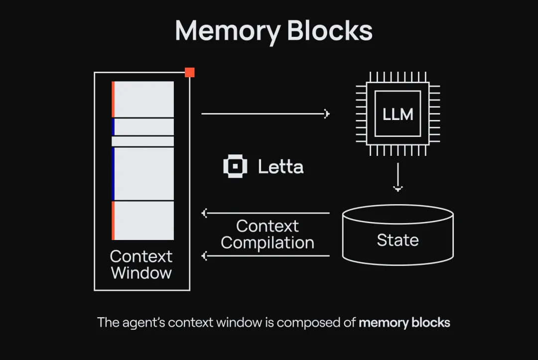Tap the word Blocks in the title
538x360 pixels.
(330, 30)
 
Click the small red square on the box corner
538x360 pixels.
(190, 72)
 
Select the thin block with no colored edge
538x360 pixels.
(143, 141)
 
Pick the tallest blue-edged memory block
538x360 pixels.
(143, 174)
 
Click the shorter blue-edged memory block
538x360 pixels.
(143, 127)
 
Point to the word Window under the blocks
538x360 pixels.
(141, 273)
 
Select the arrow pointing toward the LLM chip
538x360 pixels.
(266, 114)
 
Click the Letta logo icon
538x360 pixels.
(235, 166)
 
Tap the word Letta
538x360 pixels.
(280, 167)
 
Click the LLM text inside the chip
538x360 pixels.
(398, 114)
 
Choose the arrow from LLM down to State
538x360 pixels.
(398, 177)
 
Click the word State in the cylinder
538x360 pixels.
(398, 240)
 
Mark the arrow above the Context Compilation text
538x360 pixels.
(266, 213)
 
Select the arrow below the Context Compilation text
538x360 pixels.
(266, 256)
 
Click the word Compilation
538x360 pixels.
(268, 243)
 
